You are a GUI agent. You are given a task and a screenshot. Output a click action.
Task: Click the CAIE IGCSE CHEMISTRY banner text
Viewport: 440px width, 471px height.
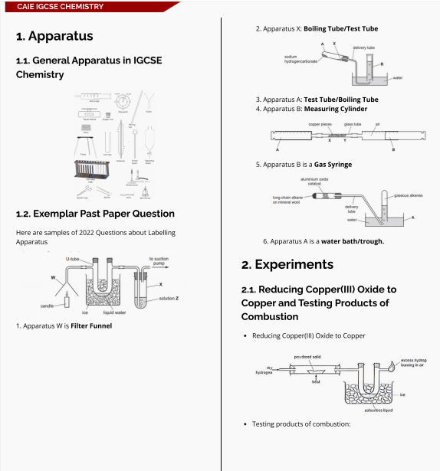(60, 6)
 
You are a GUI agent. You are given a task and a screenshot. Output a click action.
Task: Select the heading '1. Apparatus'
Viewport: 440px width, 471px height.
(54, 36)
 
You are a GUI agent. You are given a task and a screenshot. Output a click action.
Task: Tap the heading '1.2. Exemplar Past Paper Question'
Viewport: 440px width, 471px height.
(95, 214)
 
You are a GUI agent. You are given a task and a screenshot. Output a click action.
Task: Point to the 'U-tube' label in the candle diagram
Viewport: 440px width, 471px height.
(73, 260)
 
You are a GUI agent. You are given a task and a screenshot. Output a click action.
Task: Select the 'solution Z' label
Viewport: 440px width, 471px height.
(170, 298)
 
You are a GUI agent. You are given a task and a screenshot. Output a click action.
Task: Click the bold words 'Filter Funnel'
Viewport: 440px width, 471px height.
(91, 325)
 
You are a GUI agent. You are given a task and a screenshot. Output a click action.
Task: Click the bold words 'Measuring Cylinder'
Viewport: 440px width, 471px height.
(337, 109)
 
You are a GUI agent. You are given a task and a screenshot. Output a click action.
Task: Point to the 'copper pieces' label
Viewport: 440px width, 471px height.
(320, 123)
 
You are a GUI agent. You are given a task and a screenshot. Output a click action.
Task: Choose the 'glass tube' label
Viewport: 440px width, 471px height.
(353, 123)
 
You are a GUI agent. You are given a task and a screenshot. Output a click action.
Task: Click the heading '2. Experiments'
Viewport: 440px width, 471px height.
(287, 264)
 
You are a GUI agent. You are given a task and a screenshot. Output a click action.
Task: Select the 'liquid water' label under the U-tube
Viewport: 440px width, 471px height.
(114, 312)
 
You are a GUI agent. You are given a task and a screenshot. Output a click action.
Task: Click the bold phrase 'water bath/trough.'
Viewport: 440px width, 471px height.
(353, 241)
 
